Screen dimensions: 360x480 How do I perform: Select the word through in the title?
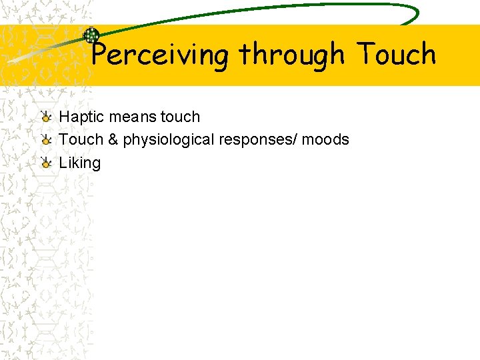(x=292, y=55)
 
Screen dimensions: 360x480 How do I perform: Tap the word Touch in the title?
(x=396, y=55)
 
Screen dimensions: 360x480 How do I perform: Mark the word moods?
(x=326, y=140)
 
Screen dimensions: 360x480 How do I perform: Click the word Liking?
(x=79, y=163)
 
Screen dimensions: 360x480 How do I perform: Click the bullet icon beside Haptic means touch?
(x=45, y=117)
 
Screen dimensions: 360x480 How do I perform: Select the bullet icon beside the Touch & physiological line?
(x=45, y=140)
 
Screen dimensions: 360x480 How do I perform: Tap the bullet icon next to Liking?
(x=45, y=163)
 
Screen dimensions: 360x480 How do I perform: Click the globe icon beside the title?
(x=91, y=36)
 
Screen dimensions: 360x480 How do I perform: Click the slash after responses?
(x=298, y=140)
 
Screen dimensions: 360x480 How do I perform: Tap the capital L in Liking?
(x=63, y=163)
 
